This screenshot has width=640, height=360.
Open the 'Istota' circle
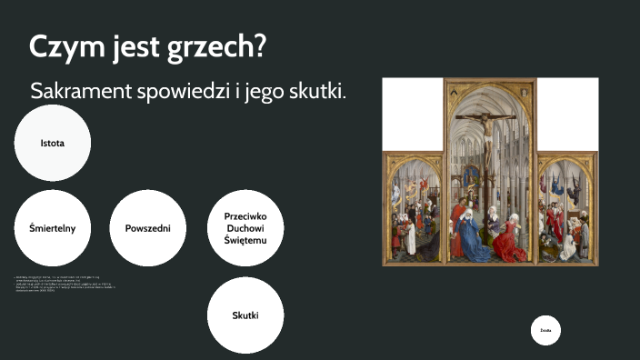point(53,144)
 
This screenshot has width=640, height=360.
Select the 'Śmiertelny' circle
point(53,228)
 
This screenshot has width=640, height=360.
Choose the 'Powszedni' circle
point(148,228)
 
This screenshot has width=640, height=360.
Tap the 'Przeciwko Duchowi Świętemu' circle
point(245,228)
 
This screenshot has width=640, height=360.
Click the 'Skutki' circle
point(245,315)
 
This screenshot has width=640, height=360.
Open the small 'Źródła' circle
point(545,331)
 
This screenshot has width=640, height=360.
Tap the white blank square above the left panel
point(414,114)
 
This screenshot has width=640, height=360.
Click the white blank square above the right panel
point(568,114)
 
